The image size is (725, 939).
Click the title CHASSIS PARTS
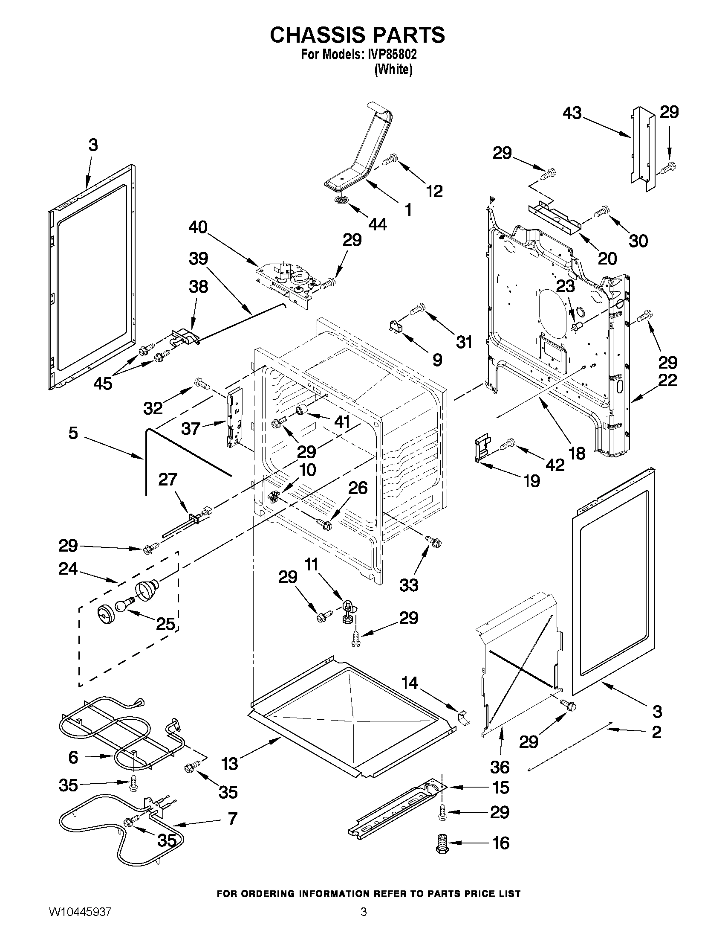point(357,35)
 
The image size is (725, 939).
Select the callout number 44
point(378,224)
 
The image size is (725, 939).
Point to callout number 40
point(198,227)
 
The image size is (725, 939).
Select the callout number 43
point(572,113)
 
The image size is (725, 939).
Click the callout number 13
point(230,764)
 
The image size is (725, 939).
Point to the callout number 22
point(667,380)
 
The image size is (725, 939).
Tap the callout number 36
point(500,767)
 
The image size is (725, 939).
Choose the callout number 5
point(73,433)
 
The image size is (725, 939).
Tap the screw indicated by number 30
point(601,212)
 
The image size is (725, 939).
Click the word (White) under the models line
point(393,69)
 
